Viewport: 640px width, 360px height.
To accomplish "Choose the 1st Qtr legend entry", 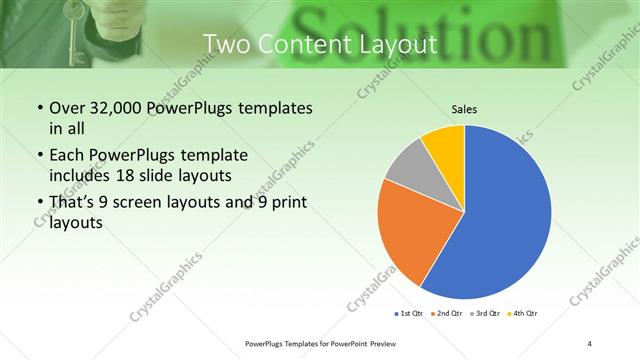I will (x=410, y=314).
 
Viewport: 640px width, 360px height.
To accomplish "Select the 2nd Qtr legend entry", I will (x=447, y=314).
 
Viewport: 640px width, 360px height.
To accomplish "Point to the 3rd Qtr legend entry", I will (x=485, y=314).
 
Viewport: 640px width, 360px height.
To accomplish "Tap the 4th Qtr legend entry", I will (x=523, y=314).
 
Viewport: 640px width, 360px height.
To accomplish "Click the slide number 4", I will (x=590, y=343).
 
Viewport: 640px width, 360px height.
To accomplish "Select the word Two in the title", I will (x=226, y=44).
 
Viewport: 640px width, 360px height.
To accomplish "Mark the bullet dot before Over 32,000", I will (x=38, y=107).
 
